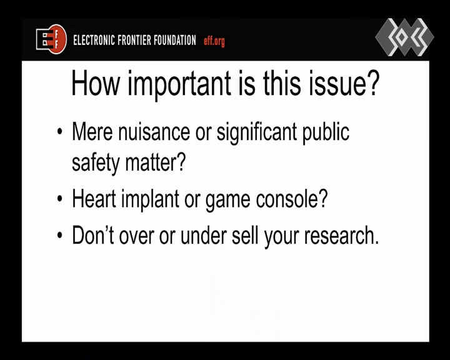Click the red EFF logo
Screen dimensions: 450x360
pyautogui.click(x=51, y=39)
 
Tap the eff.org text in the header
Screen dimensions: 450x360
pyautogui.click(x=214, y=41)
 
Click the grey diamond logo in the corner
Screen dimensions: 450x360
pyautogui.click(x=404, y=37)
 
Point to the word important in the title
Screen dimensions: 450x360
pyautogui.click(x=179, y=84)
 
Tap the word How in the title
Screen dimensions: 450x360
pyautogui.click(x=95, y=83)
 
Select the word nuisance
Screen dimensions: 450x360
pyautogui.click(x=154, y=132)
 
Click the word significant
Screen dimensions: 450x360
pyautogui.click(x=257, y=132)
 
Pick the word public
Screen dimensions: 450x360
pyautogui.click(x=326, y=132)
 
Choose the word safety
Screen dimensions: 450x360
pyautogui.click(x=96, y=162)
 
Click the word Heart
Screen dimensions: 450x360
pyautogui.click(x=94, y=198)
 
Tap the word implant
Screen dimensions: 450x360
pyautogui.click(x=150, y=199)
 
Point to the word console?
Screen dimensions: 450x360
pyautogui.click(x=292, y=199)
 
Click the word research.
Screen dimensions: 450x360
pyautogui.click(x=341, y=236)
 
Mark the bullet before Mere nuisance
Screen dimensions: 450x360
pyautogui.click(x=60, y=132)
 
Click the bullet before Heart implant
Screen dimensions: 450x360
pyautogui.click(x=60, y=199)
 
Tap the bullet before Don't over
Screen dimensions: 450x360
pyautogui.click(x=60, y=236)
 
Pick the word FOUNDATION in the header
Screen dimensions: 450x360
pyautogui.click(x=175, y=40)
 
